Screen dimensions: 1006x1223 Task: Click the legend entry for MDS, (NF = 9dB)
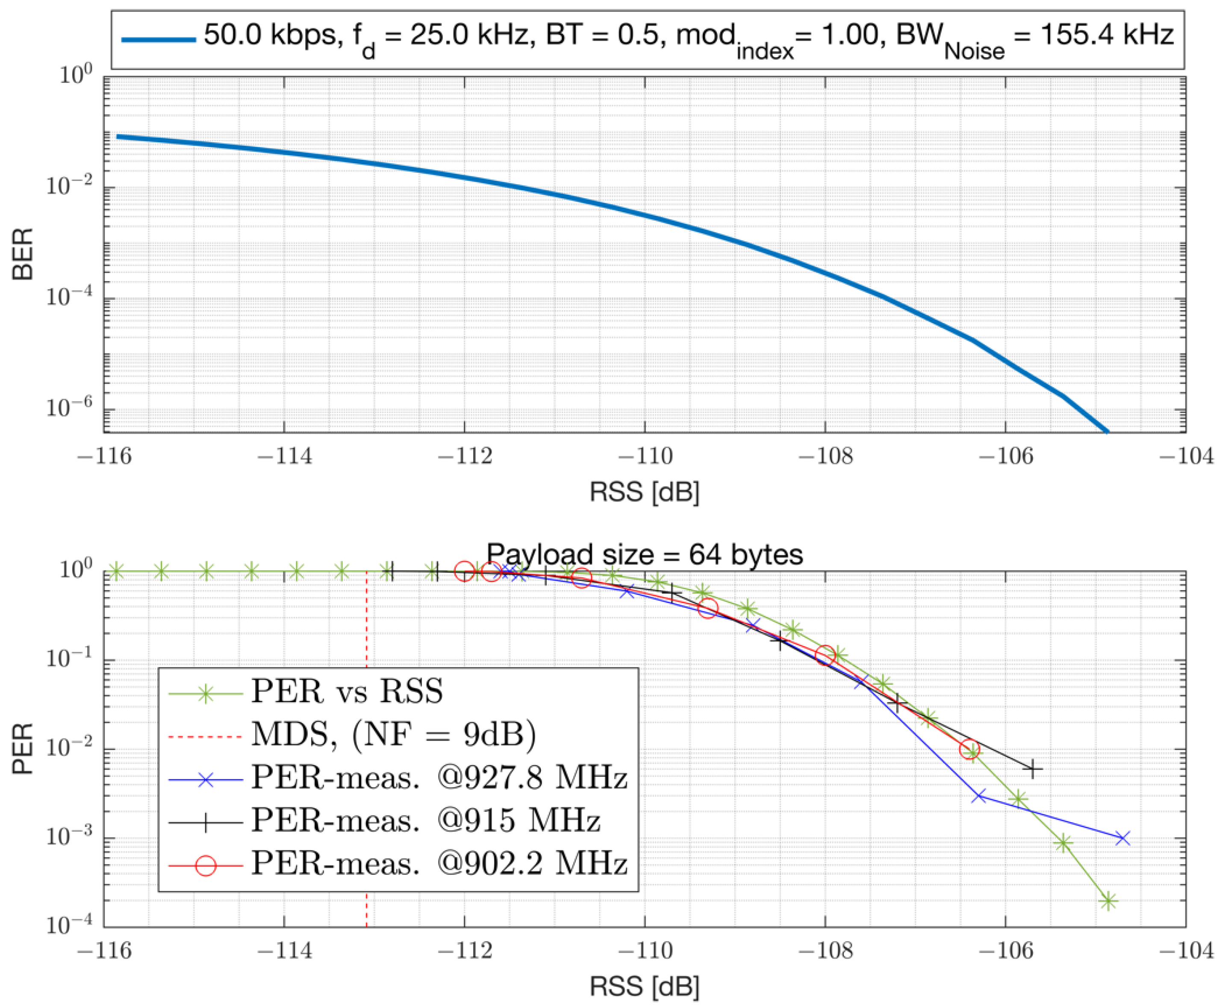tap(393, 734)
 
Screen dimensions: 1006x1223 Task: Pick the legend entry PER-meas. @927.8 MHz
tap(439, 777)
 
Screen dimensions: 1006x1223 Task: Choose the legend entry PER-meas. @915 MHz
tap(425, 820)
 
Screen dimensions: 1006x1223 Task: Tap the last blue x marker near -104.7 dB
tap(1122, 838)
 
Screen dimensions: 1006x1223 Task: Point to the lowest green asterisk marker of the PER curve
tap(1108, 901)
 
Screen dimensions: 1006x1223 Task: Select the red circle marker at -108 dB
tap(825, 656)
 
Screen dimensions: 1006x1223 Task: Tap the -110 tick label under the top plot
tap(645, 457)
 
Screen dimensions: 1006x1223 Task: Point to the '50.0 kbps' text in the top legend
tap(270, 36)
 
